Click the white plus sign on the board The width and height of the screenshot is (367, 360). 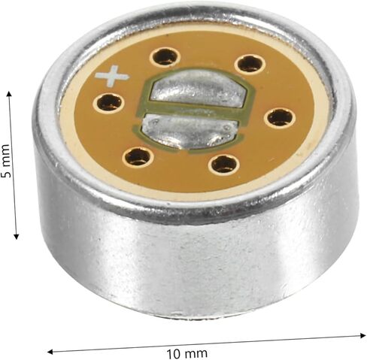[112, 76]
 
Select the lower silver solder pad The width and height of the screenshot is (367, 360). [189, 132]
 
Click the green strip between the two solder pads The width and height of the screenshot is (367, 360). [193, 110]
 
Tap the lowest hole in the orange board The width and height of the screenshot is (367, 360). [224, 165]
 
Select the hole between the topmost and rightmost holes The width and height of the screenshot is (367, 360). [250, 64]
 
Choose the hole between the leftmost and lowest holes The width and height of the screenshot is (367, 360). [138, 158]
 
